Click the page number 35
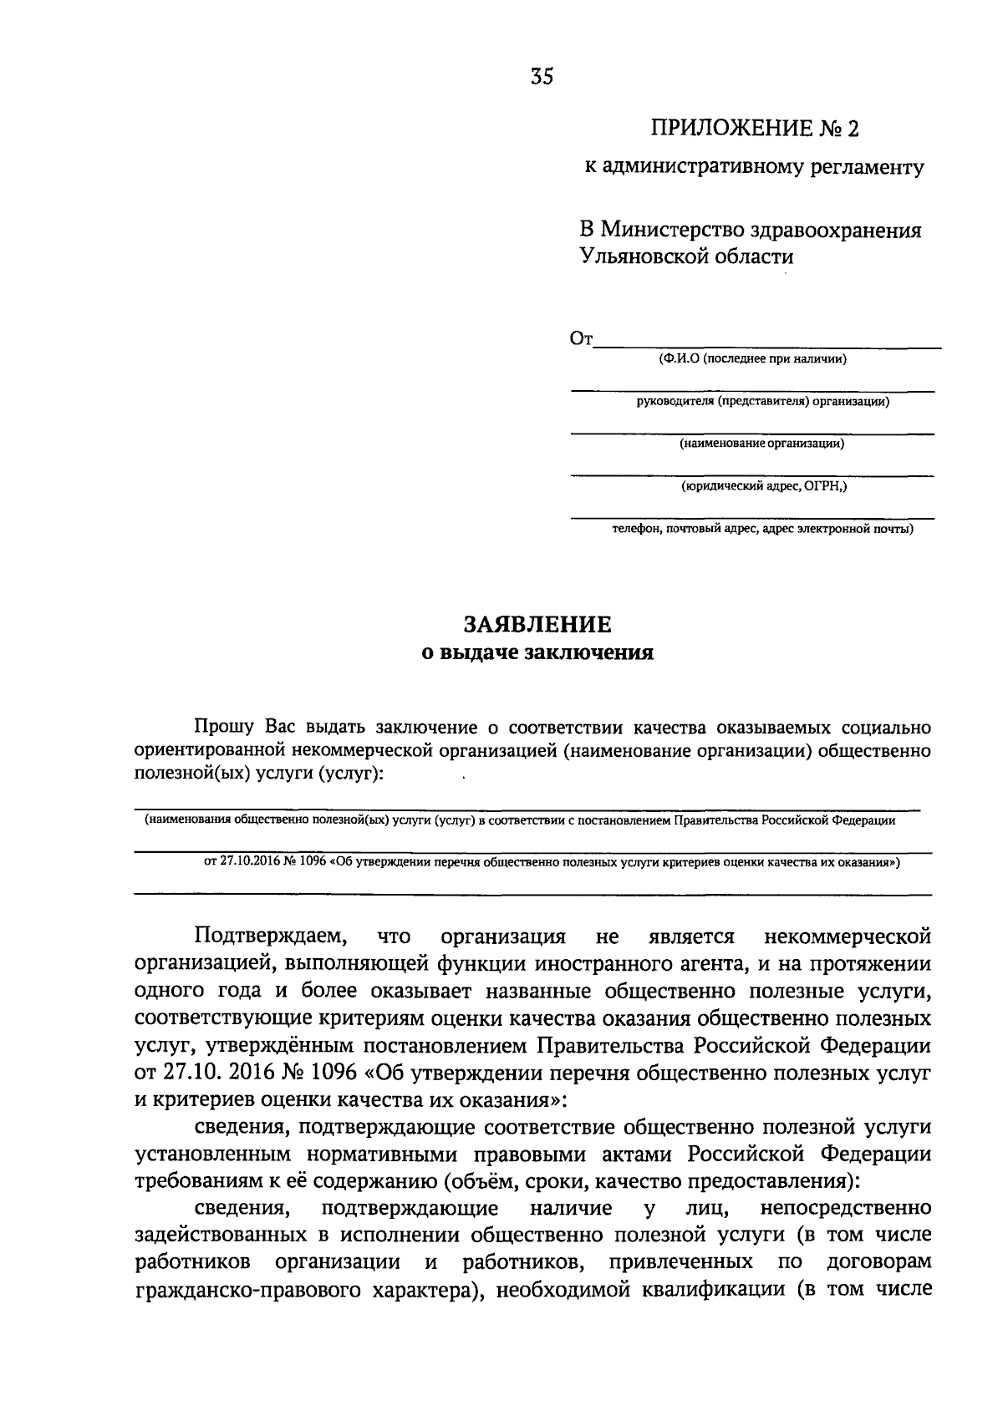[542, 77]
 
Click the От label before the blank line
[581, 339]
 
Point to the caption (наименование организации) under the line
[761, 444]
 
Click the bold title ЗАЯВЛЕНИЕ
[537, 624]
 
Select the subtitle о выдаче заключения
[537, 652]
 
